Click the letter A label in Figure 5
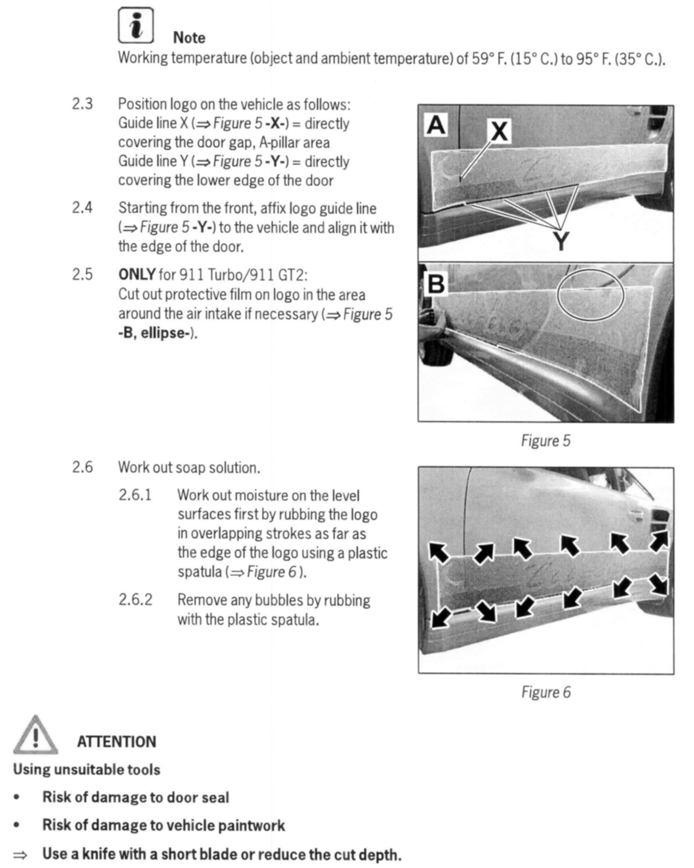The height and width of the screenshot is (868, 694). click(436, 125)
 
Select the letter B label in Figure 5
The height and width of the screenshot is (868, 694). click(436, 284)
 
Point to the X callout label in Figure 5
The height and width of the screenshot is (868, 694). click(499, 131)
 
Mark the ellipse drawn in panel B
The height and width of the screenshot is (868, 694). click(590, 295)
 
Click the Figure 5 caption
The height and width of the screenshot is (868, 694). click(546, 441)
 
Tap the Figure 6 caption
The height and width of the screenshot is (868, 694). click(546, 692)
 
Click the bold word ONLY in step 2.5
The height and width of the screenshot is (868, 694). click(136, 274)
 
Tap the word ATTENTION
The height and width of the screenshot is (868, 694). click(116, 742)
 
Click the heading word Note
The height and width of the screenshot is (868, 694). click(189, 38)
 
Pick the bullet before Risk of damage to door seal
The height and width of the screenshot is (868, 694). click(17, 797)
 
